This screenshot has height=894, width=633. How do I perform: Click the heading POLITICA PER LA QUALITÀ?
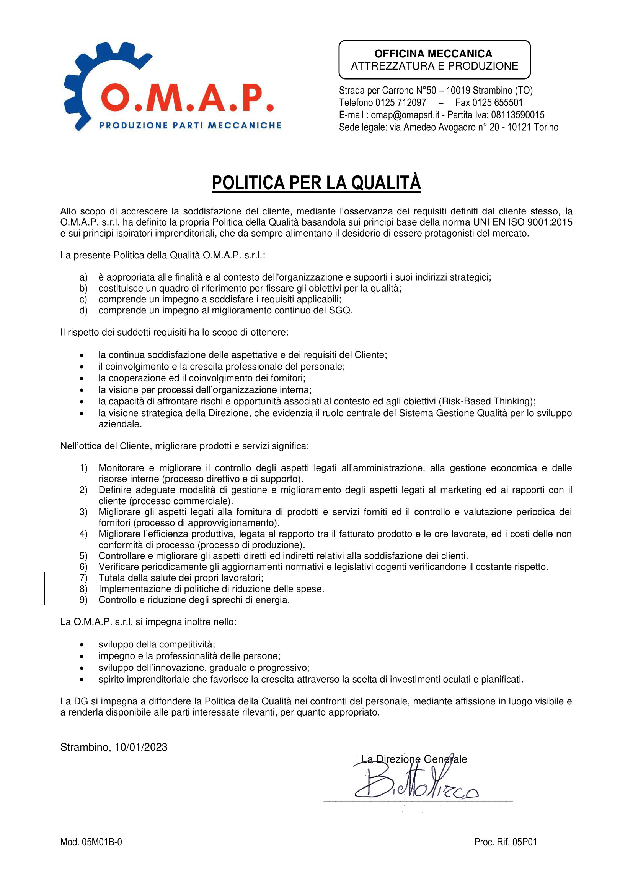[316, 183]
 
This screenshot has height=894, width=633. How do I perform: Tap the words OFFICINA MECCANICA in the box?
[433, 54]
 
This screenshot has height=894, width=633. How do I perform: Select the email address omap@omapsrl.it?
[405, 115]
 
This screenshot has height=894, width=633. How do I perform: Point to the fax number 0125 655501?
[498, 103]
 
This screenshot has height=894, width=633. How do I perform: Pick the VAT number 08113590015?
[518, 115]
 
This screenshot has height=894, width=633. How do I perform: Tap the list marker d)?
[83, 311]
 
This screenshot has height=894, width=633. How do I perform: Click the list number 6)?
[83, 567]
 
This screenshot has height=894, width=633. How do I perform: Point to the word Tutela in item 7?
[110, 578]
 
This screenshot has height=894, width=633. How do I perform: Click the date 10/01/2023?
[141, 747]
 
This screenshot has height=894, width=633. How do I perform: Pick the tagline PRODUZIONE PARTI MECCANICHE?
[190, 125]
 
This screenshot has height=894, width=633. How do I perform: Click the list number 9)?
[83, 600]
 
